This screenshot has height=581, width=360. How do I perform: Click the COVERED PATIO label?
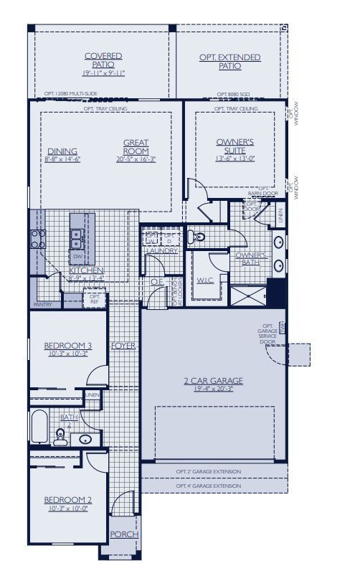[x=103, y=60]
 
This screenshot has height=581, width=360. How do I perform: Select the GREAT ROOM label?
[x=136, y=147]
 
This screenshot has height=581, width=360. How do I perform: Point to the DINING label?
[x=62, y=151]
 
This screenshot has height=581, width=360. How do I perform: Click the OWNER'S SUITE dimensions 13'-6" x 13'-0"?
[x=235, y=159]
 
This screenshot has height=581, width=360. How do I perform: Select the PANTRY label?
[x=42, y=304]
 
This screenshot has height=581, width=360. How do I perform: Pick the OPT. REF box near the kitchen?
[x=95, y=298]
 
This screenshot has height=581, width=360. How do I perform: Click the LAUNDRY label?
[x=161, y=251]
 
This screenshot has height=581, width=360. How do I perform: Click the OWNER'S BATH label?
[x=251, y=259]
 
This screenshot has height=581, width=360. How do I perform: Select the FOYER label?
[x=123, y=346]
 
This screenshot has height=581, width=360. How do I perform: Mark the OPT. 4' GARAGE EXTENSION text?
[x=208, y=486]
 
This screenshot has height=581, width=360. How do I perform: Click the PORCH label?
[x=123, y=534]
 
